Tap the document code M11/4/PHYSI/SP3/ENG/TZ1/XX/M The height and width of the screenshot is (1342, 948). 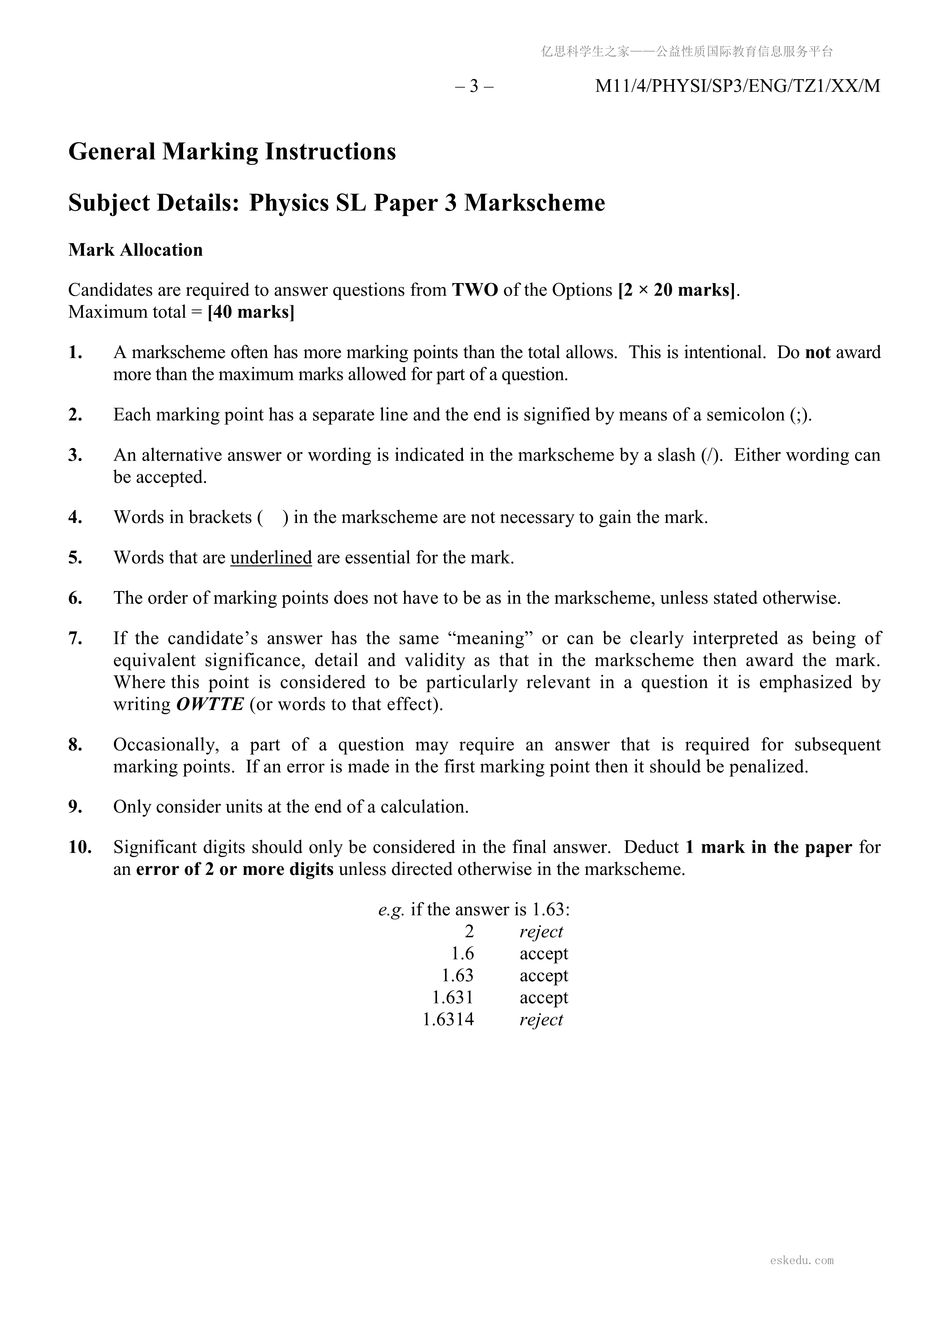coord(737,86)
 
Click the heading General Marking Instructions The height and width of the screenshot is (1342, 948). coord(232,151)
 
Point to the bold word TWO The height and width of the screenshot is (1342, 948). coord(475,290)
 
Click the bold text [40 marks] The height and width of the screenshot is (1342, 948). coord(251,312)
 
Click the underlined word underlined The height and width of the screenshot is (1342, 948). coord(271,558)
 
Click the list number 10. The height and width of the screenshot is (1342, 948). coord(80,847)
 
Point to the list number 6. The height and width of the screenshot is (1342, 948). coord(75,598)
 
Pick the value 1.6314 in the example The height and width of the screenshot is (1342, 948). coord(448,1020)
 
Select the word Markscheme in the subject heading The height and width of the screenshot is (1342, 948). coord(534,203)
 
